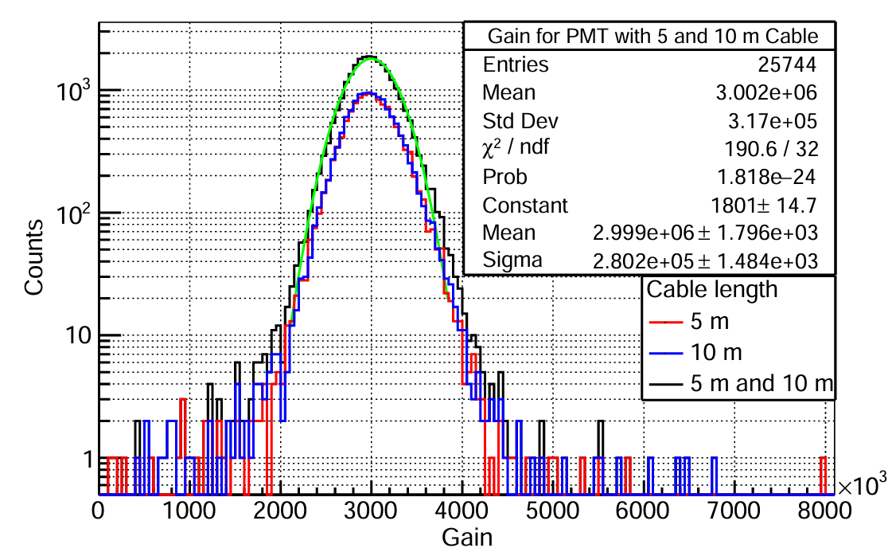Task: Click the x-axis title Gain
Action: pyautogui.click(x=467, y=536)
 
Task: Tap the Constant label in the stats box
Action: pyautogui.click(x=525, y=205)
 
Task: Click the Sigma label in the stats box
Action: pyautogui.click(x=512, y=260)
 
